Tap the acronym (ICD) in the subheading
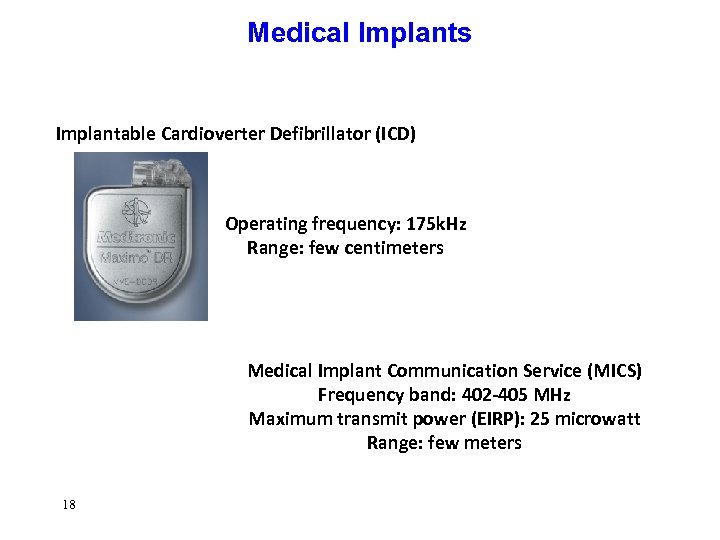[x=395, y=134]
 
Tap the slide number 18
[x=67, y=505]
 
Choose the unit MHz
[x=550, y=395]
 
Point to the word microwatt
[x=603, y=419]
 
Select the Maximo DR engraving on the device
[x=138, y=258]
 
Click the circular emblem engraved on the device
[x=138, y=212]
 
